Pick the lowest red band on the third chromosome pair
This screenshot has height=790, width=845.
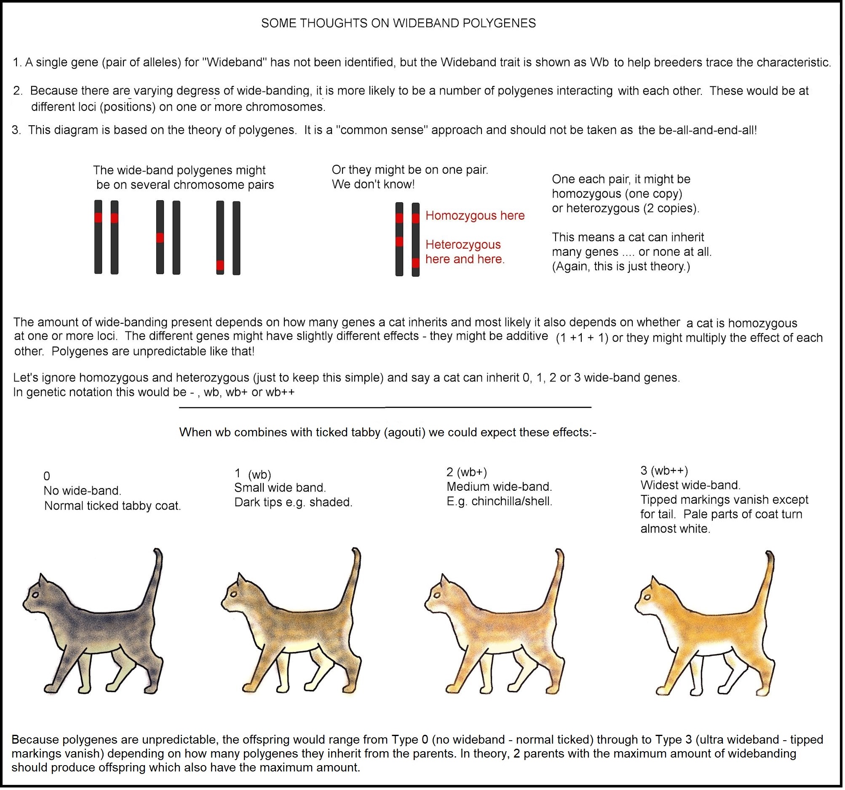pyautogui.click(x=221, y=266)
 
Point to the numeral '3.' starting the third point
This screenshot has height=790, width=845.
pyautogui.click(x=16, y=131)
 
